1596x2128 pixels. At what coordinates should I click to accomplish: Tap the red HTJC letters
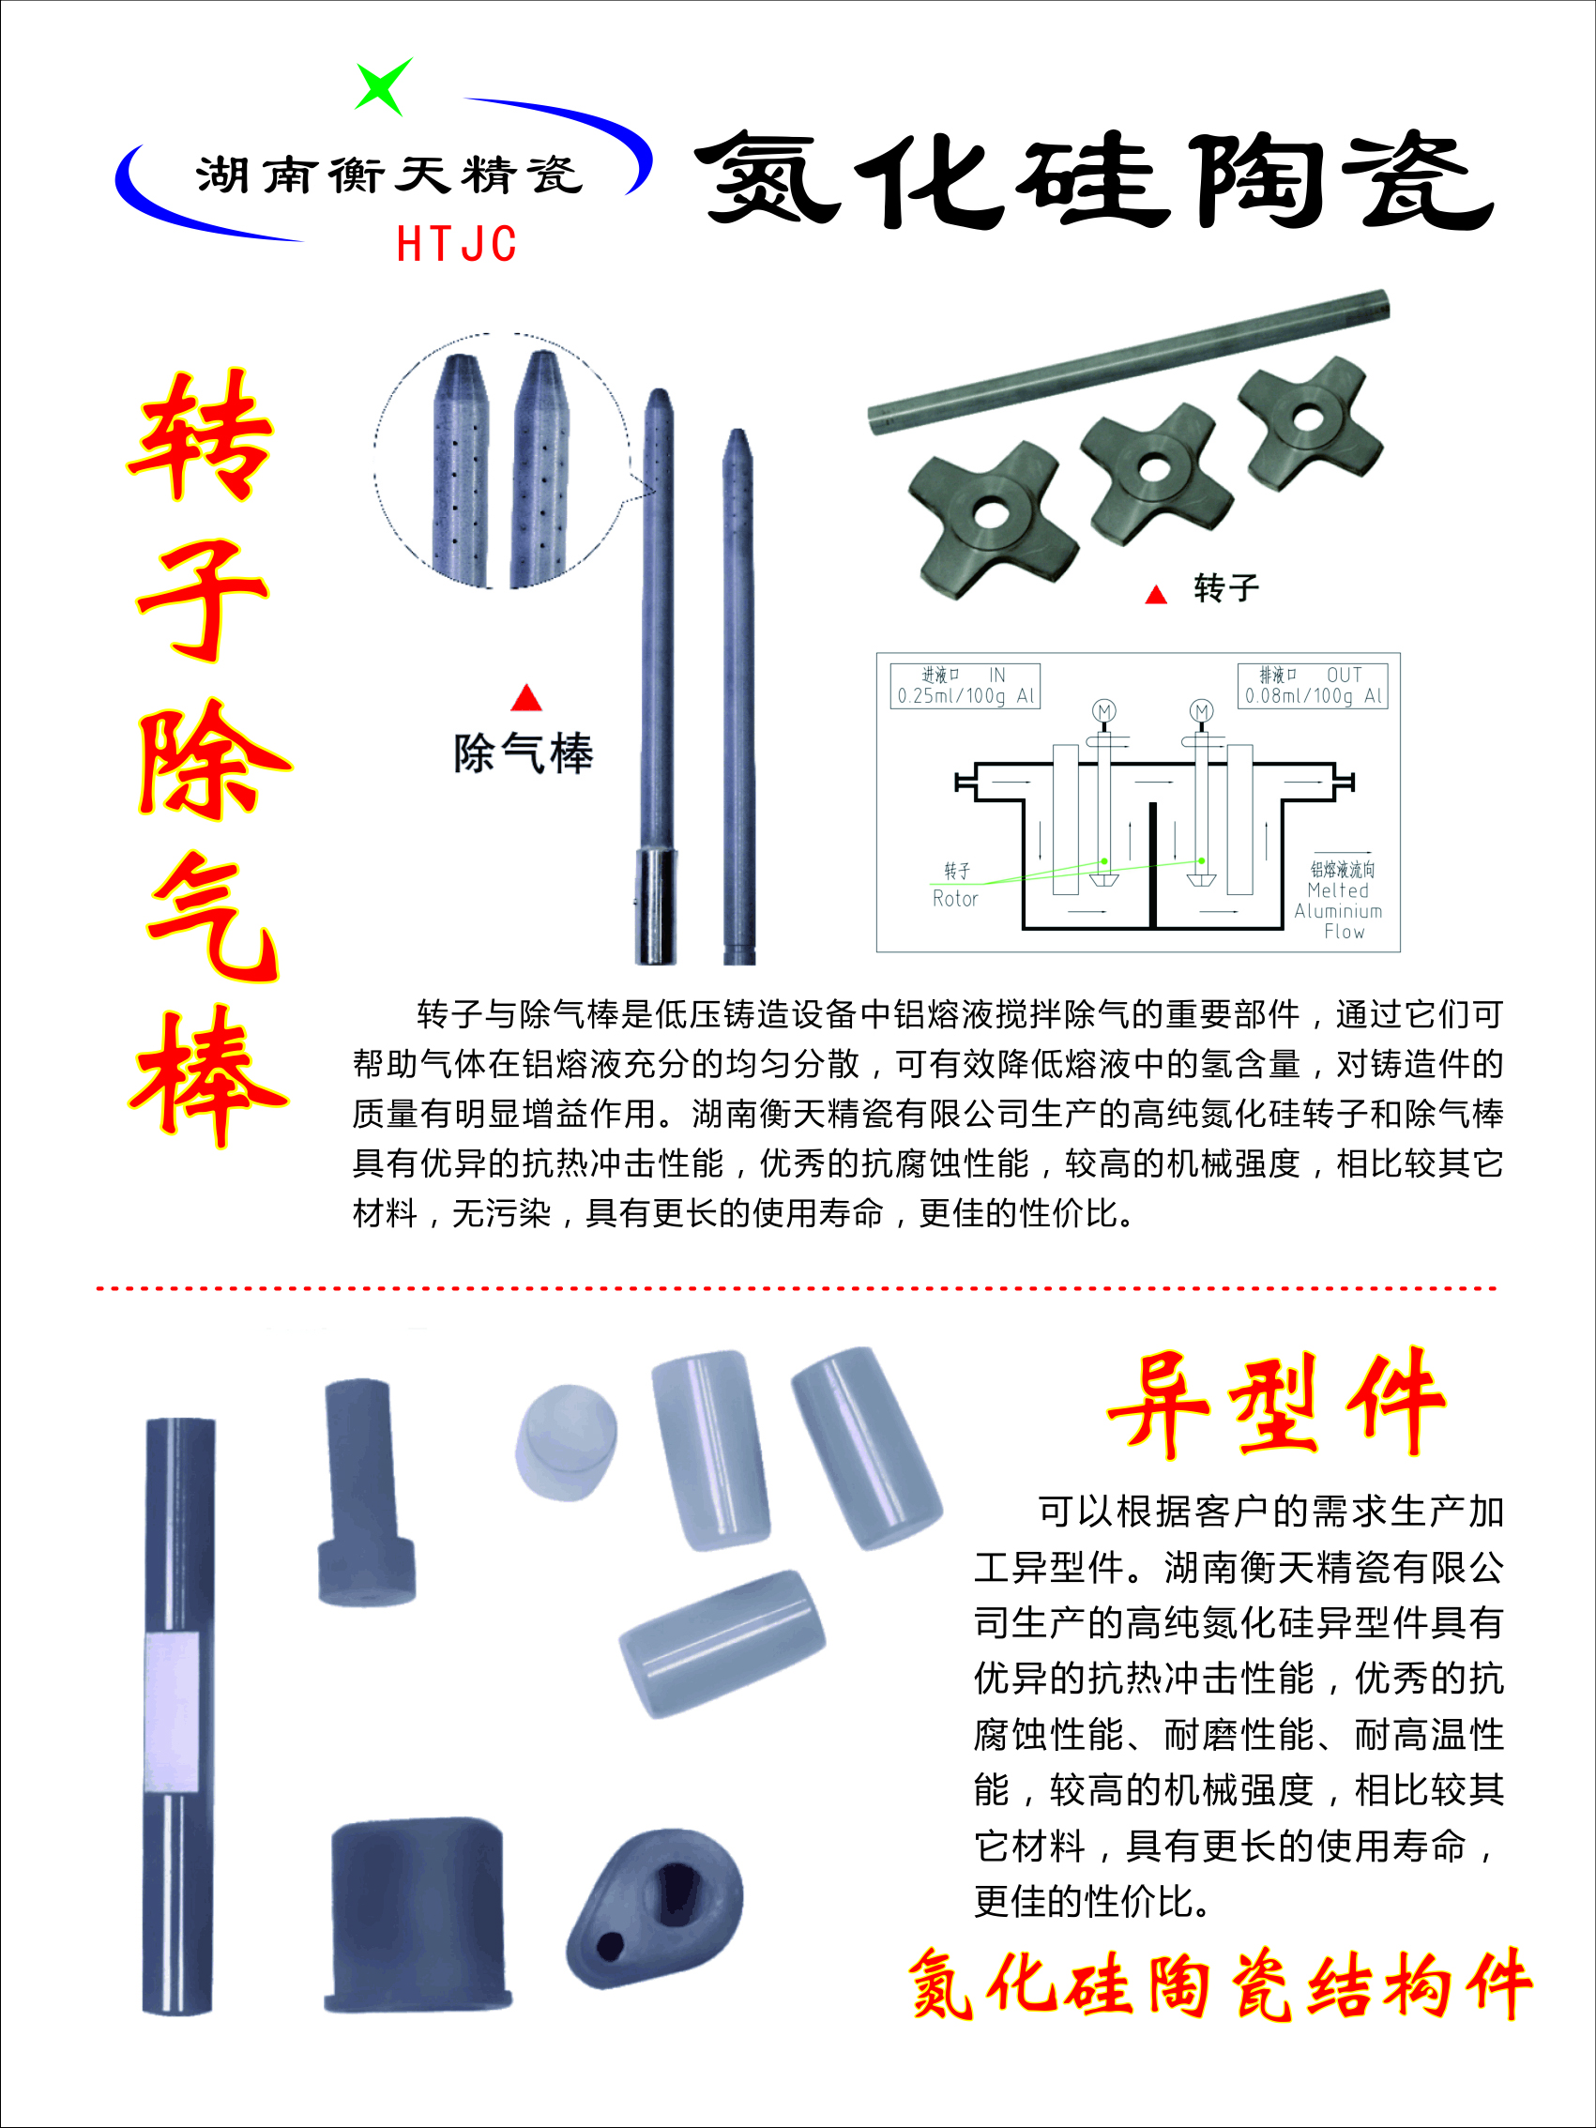pos(457,244)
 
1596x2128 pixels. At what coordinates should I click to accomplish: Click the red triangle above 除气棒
pos(526,698)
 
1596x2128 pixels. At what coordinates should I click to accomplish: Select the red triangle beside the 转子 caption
pos(1155,596)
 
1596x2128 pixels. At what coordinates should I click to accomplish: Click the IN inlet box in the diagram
pos(965,685)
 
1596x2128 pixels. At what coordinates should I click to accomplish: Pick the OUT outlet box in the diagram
pos(1313,685)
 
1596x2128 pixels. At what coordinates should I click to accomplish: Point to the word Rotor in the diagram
pos(954,899)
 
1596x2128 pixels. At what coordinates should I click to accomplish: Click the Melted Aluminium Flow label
pos(1339,910)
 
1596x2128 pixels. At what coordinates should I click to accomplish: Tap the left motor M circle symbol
pos(1103,711)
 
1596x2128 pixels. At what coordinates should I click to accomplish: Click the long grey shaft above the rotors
pos(1128,362)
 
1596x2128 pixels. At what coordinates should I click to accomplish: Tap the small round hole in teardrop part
pos(610,1947)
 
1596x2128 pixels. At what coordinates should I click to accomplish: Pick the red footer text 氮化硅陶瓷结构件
pos(1220,1984)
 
